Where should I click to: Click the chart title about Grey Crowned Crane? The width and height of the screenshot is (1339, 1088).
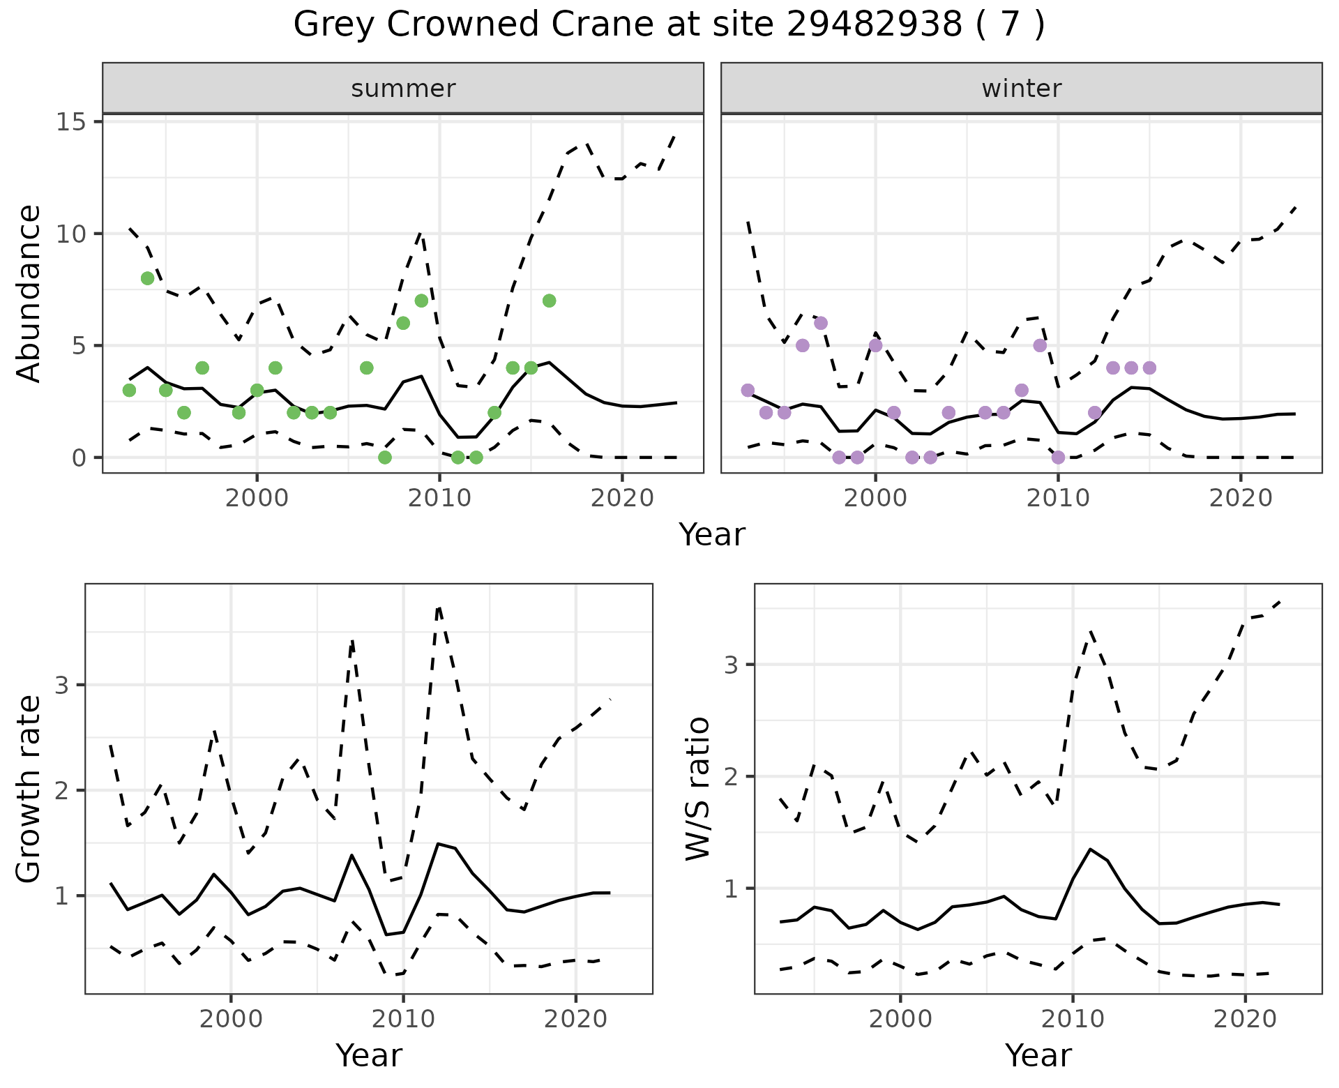669,25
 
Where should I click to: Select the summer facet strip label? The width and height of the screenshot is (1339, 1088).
403,89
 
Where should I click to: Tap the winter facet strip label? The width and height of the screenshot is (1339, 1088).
1021,89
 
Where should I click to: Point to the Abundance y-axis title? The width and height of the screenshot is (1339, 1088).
29,293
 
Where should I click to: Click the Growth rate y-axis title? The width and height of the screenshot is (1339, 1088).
29,789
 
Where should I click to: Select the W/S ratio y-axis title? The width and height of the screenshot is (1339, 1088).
698,789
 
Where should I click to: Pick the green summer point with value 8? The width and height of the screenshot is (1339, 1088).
148,278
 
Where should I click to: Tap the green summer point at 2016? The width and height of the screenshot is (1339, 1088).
549,301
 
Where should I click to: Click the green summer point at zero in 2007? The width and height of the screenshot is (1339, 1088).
385,458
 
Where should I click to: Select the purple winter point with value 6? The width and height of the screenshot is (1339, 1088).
821,323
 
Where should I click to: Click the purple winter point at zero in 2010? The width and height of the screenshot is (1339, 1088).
1058,458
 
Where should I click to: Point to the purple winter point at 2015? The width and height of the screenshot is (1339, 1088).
1149,368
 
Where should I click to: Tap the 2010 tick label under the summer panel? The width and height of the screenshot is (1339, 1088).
439,498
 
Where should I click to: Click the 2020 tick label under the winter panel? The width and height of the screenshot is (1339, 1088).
1240,498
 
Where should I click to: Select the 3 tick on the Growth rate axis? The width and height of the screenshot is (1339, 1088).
62,686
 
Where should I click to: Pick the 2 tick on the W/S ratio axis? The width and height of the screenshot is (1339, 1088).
732,776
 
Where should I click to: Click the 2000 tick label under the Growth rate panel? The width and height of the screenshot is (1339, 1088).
231,1019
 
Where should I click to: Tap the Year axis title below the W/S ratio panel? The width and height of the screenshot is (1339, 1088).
1038,1056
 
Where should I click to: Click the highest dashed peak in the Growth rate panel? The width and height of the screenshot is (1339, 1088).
439,608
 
